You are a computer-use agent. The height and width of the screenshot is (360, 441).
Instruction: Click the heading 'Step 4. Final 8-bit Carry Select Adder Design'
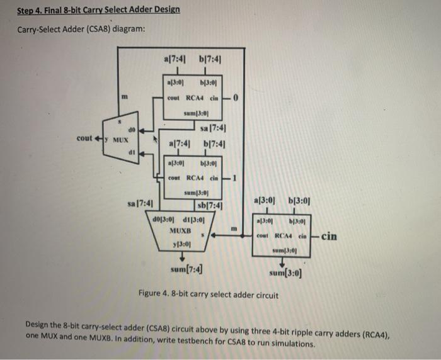[98, 10]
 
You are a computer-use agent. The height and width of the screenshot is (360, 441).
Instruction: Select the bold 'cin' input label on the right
[329, 237]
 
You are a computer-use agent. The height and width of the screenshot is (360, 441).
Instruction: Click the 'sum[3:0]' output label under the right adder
[285, 273]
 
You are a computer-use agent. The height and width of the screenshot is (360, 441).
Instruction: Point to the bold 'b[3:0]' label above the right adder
[300, 200]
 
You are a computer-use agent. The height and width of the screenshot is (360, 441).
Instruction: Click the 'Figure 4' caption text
[207, 294]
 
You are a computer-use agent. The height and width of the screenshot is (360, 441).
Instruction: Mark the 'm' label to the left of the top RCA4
[126, 95]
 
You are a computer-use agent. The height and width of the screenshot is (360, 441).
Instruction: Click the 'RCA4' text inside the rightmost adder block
[285, 237]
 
